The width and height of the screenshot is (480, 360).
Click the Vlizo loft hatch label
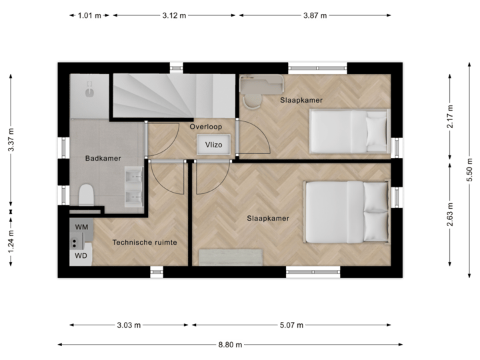213,144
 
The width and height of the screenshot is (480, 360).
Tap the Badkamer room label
102,159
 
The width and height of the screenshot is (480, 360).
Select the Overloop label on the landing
205,126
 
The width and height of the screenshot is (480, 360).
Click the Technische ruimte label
145,243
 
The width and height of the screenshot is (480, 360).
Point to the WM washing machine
81,228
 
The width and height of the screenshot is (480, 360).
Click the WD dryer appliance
81,255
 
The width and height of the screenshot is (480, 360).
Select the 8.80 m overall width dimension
230,345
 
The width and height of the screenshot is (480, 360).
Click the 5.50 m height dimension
469,170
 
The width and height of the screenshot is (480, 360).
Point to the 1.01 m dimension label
89,15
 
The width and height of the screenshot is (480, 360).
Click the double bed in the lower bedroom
347,211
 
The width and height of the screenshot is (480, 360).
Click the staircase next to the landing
172,95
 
